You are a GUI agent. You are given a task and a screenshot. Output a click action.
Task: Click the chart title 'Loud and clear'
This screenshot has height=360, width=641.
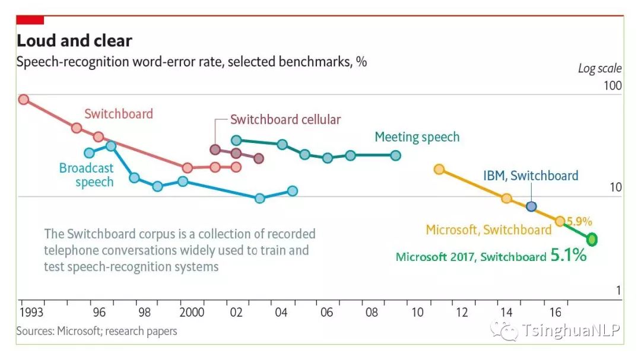(x=74, y=41)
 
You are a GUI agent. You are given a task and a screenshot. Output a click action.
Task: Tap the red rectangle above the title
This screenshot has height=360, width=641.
(x=30, y=20)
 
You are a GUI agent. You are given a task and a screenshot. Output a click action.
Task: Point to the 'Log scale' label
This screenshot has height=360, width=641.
(x=599, y=69)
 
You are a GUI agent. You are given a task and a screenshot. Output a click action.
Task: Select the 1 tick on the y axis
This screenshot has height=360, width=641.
(x=618, y=291)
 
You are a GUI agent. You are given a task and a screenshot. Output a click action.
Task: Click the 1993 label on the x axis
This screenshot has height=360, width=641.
(x=31, y=313)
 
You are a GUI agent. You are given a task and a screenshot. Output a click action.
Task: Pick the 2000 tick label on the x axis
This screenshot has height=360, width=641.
(x=192, y=313)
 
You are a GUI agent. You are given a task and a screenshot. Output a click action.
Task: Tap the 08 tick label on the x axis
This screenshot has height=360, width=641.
(x=372, y=313)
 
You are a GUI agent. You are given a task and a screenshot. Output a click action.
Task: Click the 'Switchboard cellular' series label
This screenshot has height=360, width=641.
(x=285, y=119)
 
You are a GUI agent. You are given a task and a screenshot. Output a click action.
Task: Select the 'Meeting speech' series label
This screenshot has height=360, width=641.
(x=417, y=138)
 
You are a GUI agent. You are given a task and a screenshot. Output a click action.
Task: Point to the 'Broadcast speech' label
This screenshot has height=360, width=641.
(x=86, y=175)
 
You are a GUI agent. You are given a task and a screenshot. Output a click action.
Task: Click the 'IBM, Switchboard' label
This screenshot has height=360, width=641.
(x=530, y=176)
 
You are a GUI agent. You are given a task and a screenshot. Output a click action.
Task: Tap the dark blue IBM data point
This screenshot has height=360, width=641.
(x=531, y=206)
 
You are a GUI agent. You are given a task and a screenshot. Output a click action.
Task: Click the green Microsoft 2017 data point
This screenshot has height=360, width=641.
(x=592, y=239)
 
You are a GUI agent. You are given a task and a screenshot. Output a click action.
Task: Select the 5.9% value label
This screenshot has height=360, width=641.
(x=579, y=221)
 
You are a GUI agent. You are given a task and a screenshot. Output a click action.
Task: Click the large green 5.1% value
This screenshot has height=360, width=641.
(x=569, y=256)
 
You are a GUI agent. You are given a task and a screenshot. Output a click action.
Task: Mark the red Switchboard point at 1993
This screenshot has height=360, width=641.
(x=23, y=99)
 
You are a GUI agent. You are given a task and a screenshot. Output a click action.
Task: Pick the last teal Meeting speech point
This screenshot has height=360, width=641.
(x=396, y=155)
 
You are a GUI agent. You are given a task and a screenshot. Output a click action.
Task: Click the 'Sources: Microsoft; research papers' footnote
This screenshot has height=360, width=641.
(x=97, y=331)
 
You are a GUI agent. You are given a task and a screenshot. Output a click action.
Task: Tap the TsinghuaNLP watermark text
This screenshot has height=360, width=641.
(x=570, y=330)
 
